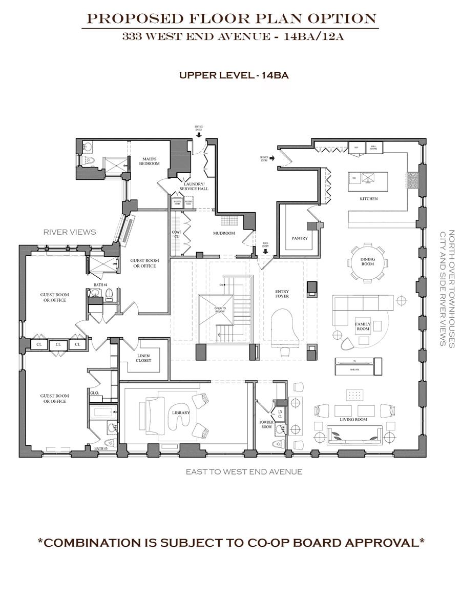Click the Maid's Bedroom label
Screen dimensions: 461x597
151,161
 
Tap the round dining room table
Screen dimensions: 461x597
367,262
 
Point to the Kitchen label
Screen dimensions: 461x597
368,199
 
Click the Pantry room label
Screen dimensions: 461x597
299,238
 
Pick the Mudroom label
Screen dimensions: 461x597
224,233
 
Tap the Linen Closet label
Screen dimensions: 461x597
143,357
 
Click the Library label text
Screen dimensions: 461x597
181,413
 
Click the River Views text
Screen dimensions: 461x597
70,232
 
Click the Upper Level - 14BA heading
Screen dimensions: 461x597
234,75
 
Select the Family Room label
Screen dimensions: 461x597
363,326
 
